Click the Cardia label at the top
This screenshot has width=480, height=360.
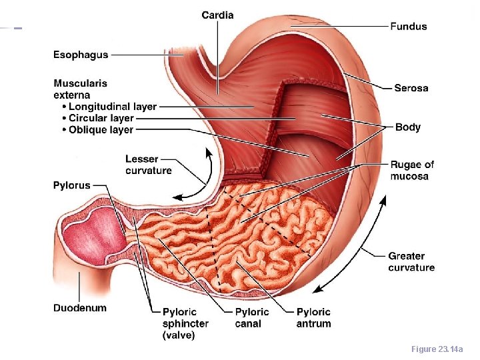pos(217,15)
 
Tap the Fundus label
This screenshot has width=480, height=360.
pos(409,27)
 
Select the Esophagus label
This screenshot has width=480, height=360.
pos(81,55)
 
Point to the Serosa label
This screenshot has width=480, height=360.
pos(411,88)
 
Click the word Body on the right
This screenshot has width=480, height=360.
pos(408,127)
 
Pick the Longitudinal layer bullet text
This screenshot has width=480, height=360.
pos(113,106)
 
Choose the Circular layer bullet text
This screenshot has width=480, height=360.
pos(101,118)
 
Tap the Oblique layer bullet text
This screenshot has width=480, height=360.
pos(101,130)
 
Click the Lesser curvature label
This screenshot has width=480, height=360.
pos(149,165)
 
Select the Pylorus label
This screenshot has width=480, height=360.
pos(72,185)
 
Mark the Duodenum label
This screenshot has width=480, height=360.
pos(80,308)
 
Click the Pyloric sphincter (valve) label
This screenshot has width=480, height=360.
pos(185,323)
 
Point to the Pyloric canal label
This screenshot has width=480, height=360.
pos(252,317)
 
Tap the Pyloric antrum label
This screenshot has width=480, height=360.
pos(313,317)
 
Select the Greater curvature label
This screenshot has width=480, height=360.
pos(411,261)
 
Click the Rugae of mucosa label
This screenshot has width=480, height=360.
pos(412,170)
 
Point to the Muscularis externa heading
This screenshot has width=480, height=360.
pos(81,89)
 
